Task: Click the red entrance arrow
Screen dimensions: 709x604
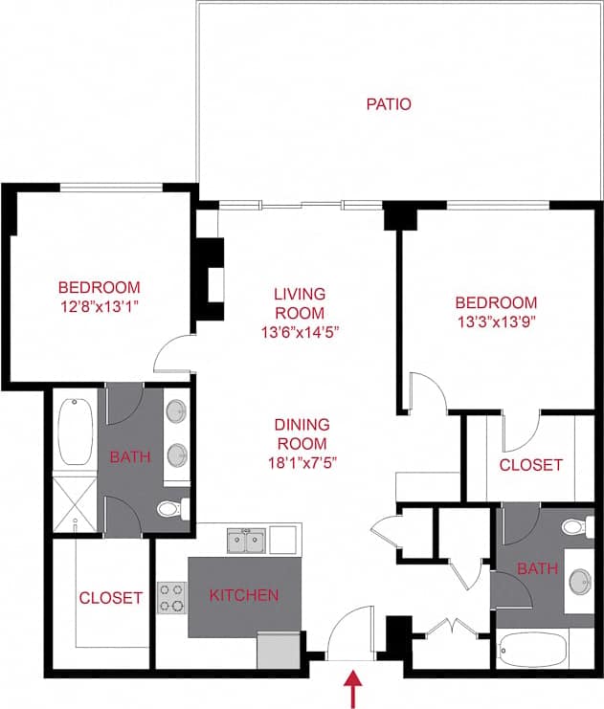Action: coord(354,688)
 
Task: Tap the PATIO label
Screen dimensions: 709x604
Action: coord(389,103)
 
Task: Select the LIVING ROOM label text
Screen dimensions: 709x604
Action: coord(301,303)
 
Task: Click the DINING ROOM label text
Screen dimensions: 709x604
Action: coord(302,433)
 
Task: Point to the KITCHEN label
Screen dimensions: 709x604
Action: coord(244,595)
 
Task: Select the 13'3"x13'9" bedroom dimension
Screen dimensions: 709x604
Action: coord(495,321)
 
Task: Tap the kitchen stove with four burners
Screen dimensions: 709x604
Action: coord(171,597)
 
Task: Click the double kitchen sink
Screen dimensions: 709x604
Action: coord(246,541)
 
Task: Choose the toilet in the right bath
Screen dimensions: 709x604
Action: coord(576,525)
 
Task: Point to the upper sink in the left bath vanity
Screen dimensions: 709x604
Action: coord(176,412)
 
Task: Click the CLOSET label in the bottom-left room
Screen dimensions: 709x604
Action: coord(110,598)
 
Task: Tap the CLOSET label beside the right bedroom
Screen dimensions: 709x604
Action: coord(531,465)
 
